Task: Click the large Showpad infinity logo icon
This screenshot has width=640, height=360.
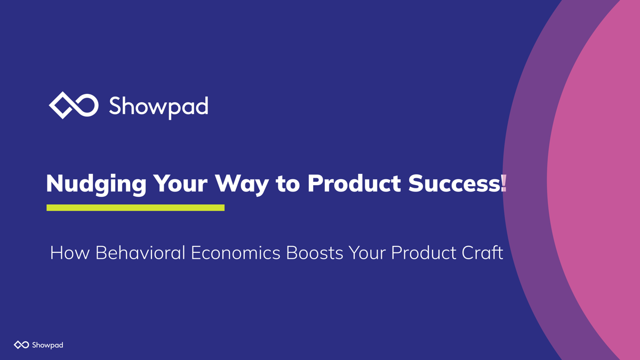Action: (74, 105)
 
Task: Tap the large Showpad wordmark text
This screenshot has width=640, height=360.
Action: (158, 106)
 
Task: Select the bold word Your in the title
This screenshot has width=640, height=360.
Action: (180, 183)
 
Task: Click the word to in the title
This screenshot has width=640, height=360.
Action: (287, 184)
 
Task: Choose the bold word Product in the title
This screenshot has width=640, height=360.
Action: (354, 183)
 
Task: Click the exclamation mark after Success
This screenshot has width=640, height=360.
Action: (504, 183)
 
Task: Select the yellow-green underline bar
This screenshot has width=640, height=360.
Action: (135, 207)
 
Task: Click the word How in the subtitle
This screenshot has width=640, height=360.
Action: (70, 253)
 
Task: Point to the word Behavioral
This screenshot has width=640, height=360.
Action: (140, 253)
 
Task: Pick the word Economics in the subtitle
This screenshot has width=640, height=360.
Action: (235, 253)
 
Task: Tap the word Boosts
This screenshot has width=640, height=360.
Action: (315, 253)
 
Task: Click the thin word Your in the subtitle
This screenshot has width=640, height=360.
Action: (367, 253)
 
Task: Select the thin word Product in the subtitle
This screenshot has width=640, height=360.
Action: (425, 253)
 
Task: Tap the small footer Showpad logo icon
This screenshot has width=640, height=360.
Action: (21, 345)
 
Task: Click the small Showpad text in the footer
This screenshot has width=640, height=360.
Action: (47, 345)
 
